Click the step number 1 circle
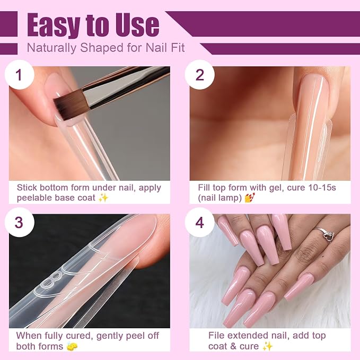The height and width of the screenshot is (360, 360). click(19, 75)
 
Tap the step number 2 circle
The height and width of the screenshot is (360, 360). click(200, 75)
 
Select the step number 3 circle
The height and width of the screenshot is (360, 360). click(19, 222)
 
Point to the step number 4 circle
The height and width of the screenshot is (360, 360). click(200, 222)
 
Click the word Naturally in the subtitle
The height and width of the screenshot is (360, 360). click(51, 48)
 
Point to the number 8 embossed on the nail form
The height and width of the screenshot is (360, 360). click(52, 279)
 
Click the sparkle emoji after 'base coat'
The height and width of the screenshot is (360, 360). click(103, 198)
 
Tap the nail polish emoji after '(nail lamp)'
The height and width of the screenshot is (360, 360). click(250, 198)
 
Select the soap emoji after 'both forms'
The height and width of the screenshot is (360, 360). click(72, 346)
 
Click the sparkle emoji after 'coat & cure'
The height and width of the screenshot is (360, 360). click(268, 346)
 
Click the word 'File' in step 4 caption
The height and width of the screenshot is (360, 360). click(216, 336)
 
